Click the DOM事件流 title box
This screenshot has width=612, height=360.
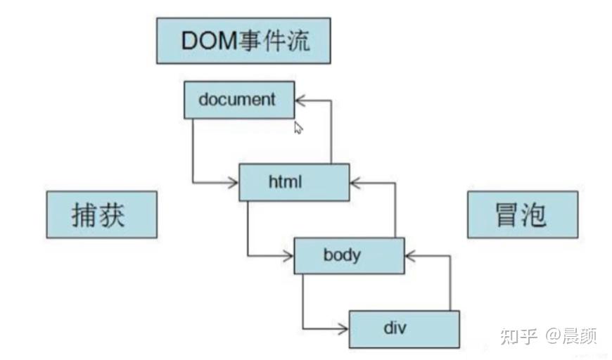click(x=243, y=41)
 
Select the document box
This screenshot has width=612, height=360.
click(x=238, y=99)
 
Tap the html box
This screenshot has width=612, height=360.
click(x=294, y=182)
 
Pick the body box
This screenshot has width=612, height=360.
click(x=349, y=255)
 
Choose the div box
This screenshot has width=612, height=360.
click(x=404, y=328)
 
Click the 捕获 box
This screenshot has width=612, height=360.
click(x=101, y=214)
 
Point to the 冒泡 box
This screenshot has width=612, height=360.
click(x=522, y=214)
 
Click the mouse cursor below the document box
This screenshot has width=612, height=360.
click(x=298, y=128)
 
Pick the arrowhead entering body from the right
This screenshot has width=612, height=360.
click(x=410, y=256)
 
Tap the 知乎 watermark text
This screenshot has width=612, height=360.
click(x=519, y=337)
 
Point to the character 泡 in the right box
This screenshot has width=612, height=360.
click(x=536, y=214)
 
